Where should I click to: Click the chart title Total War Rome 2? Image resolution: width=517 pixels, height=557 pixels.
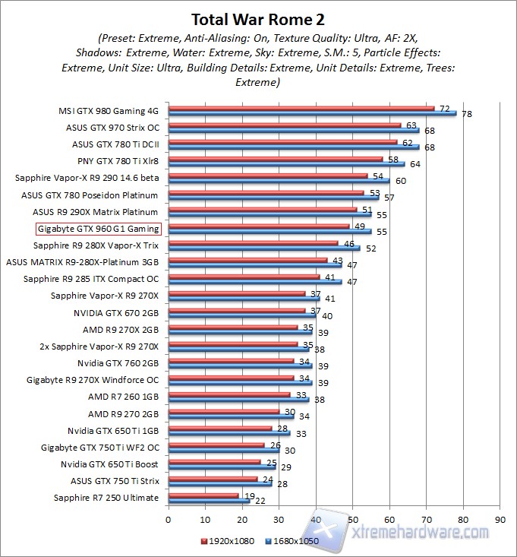(258, 18)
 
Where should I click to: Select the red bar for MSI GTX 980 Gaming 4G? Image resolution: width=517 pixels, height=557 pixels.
(301, 107)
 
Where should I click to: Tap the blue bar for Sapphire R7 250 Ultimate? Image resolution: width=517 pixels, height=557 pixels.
(209, 501)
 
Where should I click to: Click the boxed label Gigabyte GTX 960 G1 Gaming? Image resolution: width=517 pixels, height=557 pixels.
(99, 229)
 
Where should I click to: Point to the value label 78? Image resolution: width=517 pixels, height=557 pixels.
(467, 114)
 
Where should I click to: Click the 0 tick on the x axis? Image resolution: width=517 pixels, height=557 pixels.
(169, 521)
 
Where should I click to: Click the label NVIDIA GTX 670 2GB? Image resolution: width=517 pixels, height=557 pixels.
(116, 312)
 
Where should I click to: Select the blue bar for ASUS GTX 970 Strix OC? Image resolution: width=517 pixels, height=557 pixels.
(294, 130)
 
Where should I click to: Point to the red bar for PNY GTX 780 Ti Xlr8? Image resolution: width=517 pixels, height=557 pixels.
(276, 158)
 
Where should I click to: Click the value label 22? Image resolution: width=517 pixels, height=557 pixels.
(260, 501)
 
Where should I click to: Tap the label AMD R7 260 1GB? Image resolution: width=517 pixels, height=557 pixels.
(124, 397)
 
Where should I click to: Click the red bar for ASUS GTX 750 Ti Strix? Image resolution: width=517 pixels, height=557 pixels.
(213, 479)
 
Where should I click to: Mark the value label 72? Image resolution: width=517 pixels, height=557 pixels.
(445, 109)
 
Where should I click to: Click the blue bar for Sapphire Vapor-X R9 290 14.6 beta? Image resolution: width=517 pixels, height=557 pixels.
(279, 181)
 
